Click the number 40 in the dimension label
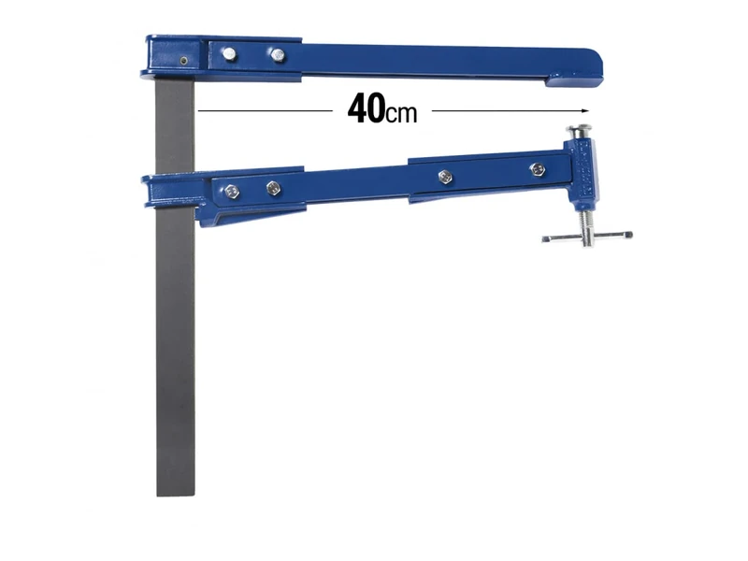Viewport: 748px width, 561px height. click(x=364, y=109)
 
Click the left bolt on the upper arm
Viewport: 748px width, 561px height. click(x=228, y=54)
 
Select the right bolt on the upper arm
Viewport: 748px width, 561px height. click(x=277, y=55)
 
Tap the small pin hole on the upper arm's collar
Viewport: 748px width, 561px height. click(x=184, y=62)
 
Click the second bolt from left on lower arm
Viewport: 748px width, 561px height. click(x=273, y=188)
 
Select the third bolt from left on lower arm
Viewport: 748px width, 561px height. click(x=446, y=176)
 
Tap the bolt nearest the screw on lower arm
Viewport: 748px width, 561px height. click(x=537, y=169)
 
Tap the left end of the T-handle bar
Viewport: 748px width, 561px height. click(x=547, y=240)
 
